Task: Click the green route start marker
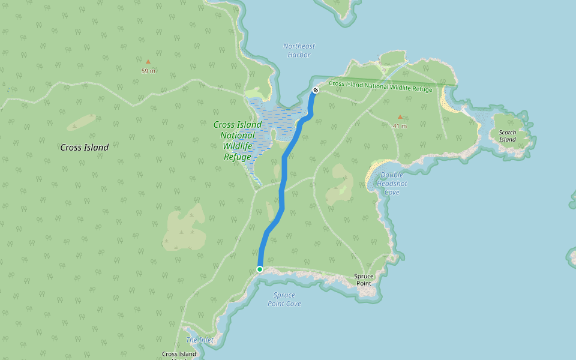(x=260, y=269)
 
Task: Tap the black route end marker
(x=316, y=91)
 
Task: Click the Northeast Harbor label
(x=299, y=50)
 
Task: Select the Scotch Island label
(x=508, y=136)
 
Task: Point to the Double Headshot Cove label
(x=392, y=183)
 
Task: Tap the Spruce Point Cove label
(x=284, y=299)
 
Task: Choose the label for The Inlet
(x=200, y=340)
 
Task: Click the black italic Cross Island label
(x=85, y=148)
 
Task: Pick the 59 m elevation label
(x=148, y=71)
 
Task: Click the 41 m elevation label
(x=400, y=126)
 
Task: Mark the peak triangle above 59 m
(x=148, y=61)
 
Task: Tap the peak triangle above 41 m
(x=400, y=117)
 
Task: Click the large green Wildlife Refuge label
(x=238, y=140)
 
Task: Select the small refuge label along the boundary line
(x=380, y=86)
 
